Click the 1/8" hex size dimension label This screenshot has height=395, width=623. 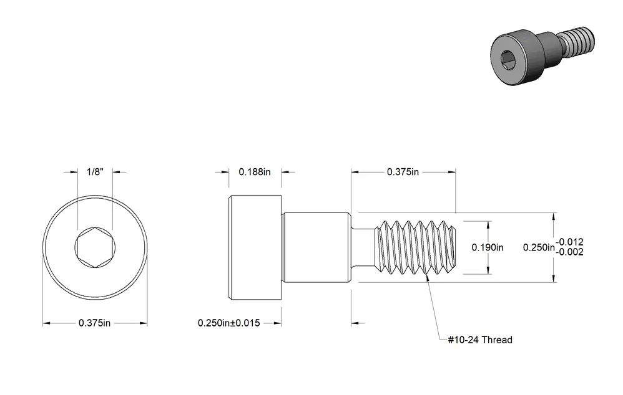96,172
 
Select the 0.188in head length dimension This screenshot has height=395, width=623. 255,172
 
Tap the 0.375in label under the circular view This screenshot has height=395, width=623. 94,323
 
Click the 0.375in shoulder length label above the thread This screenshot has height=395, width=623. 403,172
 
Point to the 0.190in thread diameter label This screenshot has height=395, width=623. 488,247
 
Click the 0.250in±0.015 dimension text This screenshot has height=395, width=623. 229,323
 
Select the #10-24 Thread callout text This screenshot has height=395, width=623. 480,340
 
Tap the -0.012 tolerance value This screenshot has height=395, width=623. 569,242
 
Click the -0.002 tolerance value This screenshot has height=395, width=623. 569,252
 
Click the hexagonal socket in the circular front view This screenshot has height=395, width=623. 96,247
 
